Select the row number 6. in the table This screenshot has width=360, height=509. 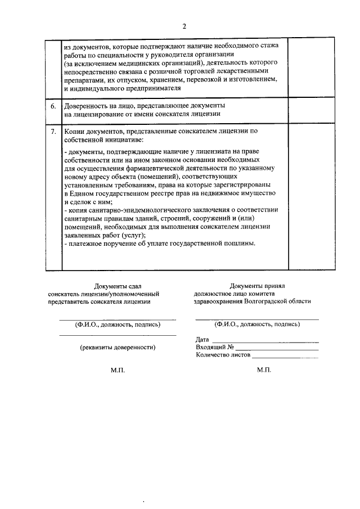(53, 106)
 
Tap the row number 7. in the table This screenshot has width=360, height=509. (53, 131)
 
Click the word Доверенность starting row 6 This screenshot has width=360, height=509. (88, 106)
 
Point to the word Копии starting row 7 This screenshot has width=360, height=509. (75, 131)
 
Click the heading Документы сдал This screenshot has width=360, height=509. (118, 286)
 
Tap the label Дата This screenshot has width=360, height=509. (202, 340)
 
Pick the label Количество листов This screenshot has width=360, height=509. (223, 355)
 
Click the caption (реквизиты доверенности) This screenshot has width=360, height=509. (118, 348)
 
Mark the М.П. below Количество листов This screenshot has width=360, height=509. (264, 371)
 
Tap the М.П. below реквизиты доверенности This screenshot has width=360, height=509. (118, 371)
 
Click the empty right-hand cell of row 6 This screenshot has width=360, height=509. (311, 110)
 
